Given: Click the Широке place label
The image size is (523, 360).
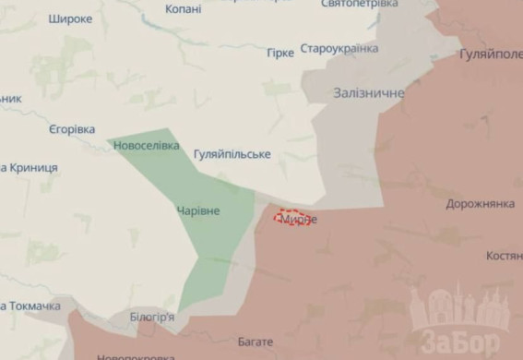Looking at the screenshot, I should pyautogui.click(x=70, y=18).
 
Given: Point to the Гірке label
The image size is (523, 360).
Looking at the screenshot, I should pyautogui.click(x=280, y=53).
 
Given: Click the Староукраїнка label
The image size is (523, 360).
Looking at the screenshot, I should pyautogui.click(x=341, y=48).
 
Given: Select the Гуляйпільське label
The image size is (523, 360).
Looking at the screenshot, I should pyautogui.click(x=232, y=154).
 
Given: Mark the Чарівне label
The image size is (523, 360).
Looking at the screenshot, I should pyautogui.click(x=198, y=211).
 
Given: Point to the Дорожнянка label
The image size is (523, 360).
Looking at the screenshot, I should pyautogui.click(x=480, y=203).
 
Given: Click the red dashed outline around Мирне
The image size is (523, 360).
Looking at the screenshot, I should pyautogui.click(x=295, y=219).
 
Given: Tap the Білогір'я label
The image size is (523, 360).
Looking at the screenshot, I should pyautogui.click(x=152, y=317).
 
